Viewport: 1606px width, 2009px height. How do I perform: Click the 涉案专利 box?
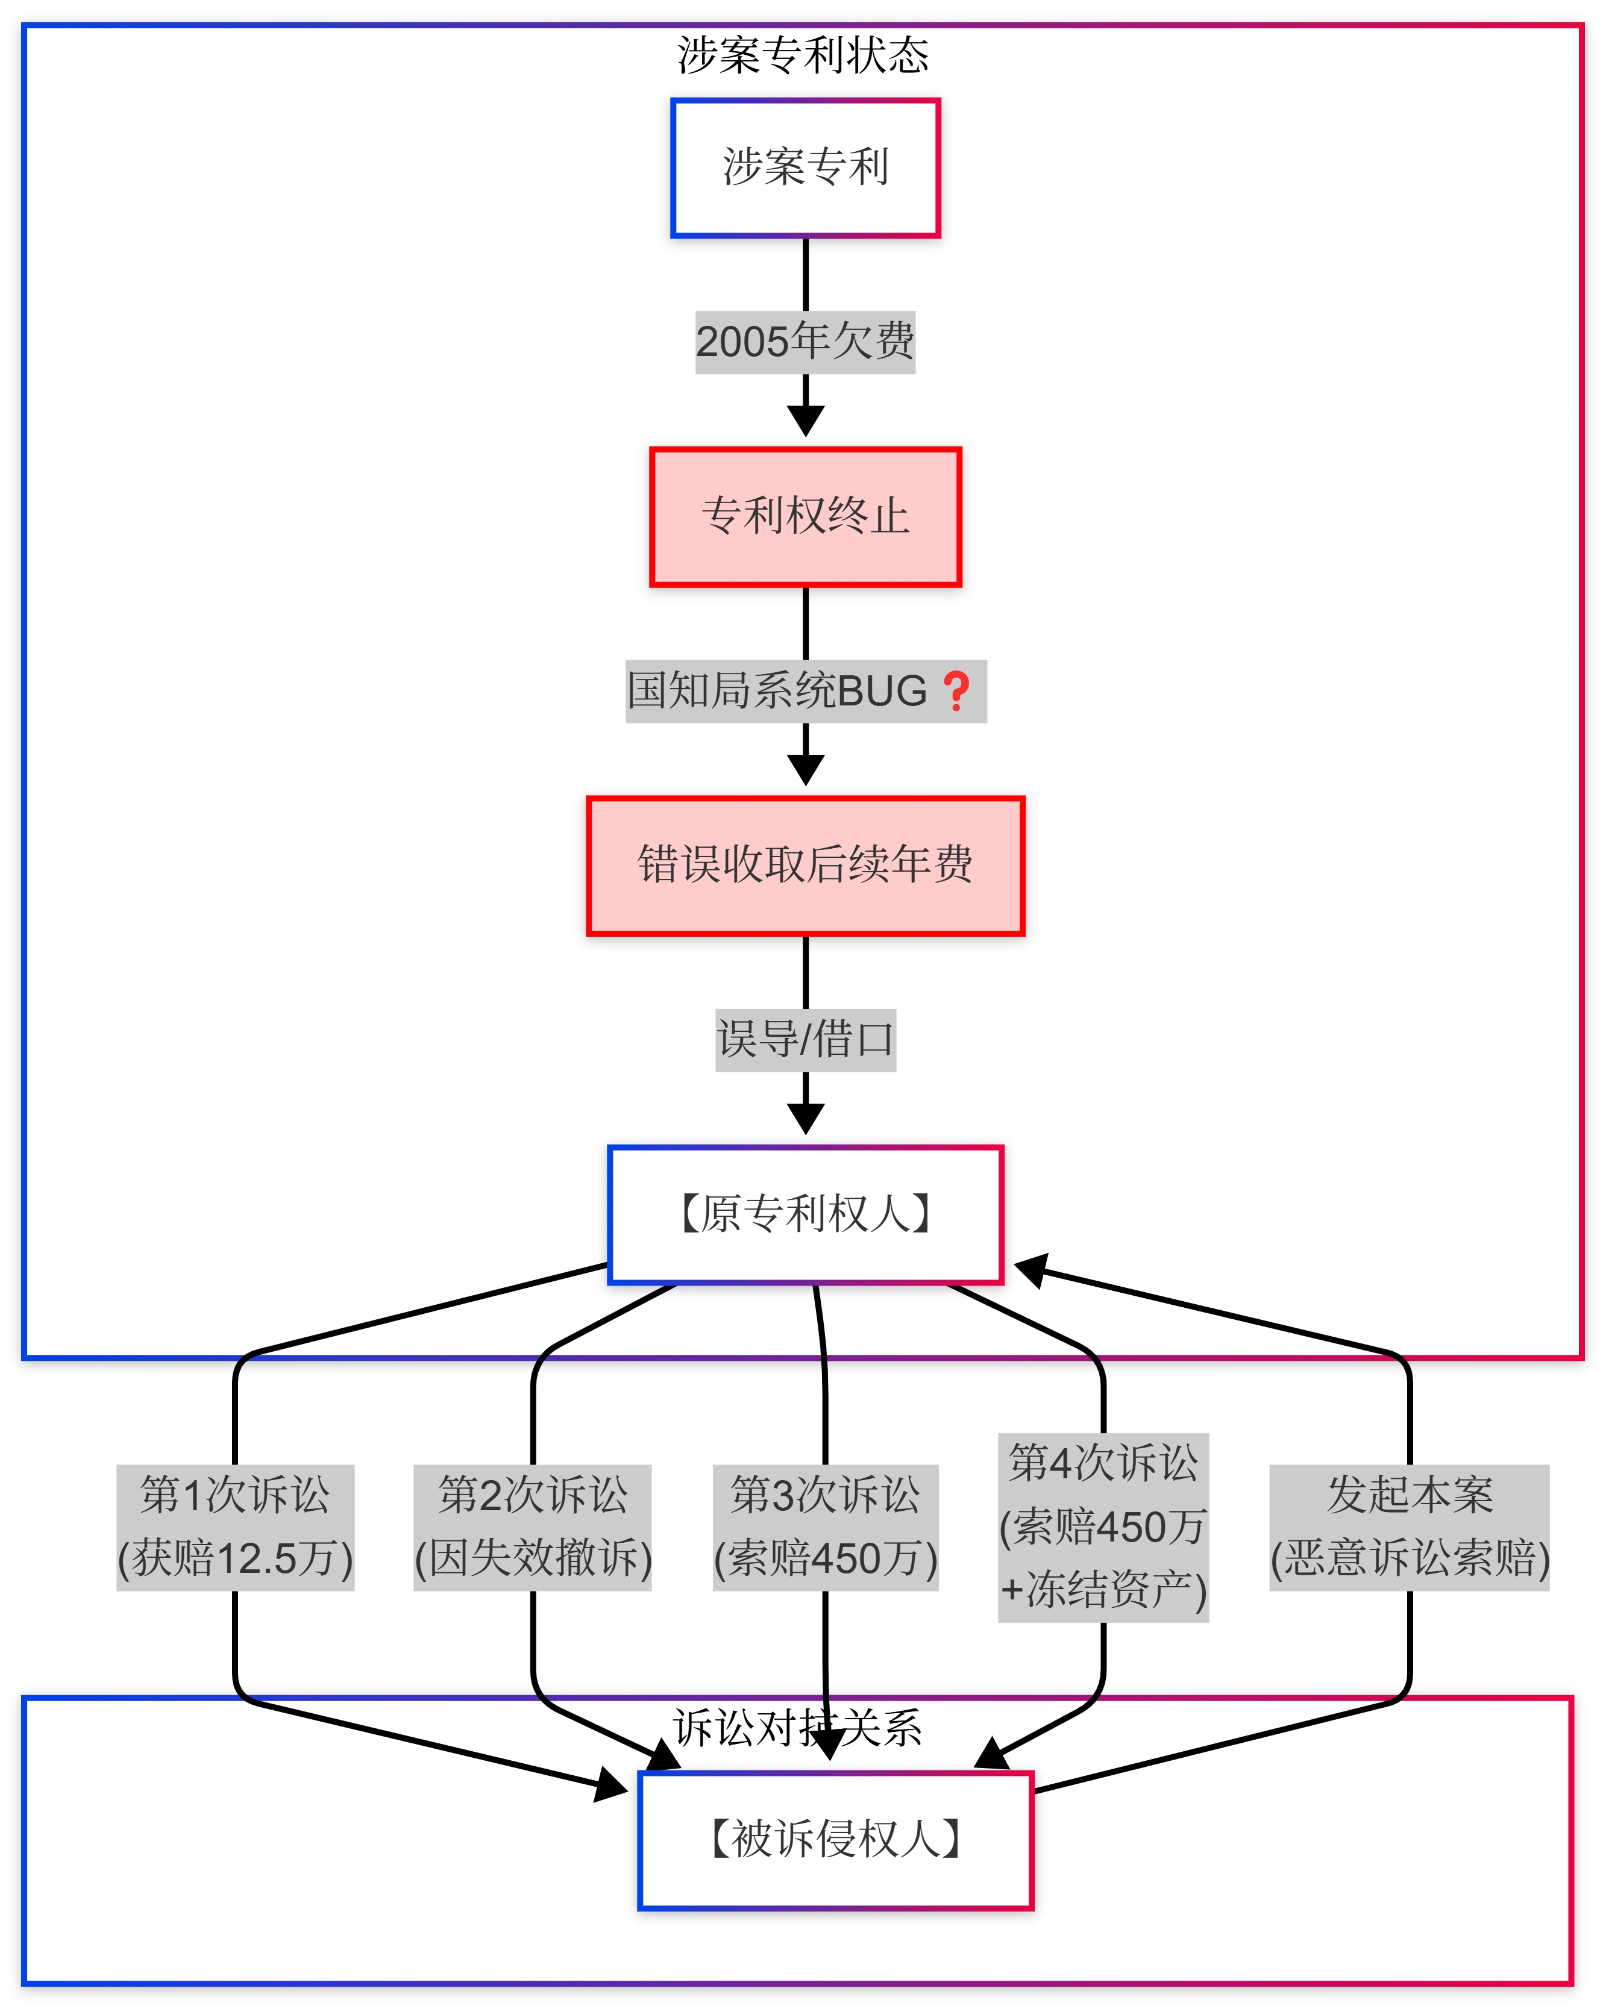(805, 167)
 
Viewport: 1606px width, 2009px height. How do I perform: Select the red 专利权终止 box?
(805, 516)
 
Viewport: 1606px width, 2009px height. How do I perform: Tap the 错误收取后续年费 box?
(805, 864)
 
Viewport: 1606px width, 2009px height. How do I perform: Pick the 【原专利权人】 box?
(805, 1214)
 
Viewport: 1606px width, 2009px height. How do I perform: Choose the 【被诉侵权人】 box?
(835, 1839)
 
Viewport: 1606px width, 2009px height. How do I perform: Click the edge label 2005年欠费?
(805, 342)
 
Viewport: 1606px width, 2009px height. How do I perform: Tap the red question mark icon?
(956, 692)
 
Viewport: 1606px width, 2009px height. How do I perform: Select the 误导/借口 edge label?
(805, 1040)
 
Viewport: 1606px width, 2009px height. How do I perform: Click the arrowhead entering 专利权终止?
(805, 421)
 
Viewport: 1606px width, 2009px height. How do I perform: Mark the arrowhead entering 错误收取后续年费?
(805, 770)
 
